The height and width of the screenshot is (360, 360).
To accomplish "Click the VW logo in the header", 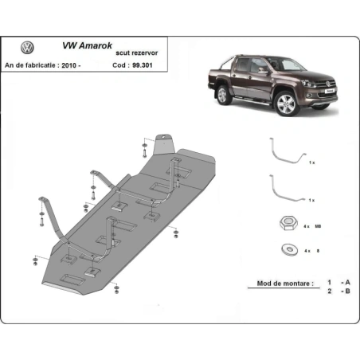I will [27, 47].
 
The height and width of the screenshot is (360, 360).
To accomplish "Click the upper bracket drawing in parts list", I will [286, 152].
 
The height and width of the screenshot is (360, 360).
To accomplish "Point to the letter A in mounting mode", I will [346, 283].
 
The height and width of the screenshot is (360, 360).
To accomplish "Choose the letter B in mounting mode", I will [346, 292].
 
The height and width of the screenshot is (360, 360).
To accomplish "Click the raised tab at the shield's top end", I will [166, 143].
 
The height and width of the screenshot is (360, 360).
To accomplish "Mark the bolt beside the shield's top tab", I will [144, 147].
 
